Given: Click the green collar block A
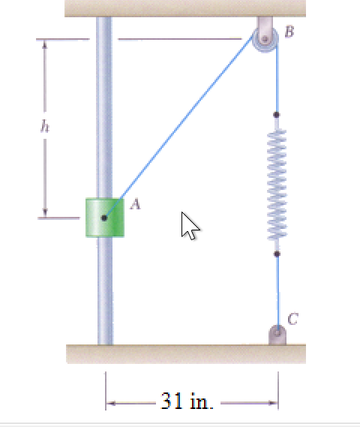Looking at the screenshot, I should pos(103,218).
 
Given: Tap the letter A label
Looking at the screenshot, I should pos(135,203).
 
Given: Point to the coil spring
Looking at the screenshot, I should pos(277,184).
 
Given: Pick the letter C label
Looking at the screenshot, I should pos(293,318).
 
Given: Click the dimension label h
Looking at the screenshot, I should pos(44,128).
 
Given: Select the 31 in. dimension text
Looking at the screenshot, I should pos(187,401).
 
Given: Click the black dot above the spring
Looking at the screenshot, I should pos(277,115).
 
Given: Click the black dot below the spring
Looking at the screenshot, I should pos(277,254).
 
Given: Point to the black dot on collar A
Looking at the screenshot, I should pos(103,218).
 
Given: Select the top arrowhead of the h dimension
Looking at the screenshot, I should pos(45,44).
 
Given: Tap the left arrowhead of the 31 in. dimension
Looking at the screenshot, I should pos(110,403).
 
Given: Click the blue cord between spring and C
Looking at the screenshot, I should pos(277,293).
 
